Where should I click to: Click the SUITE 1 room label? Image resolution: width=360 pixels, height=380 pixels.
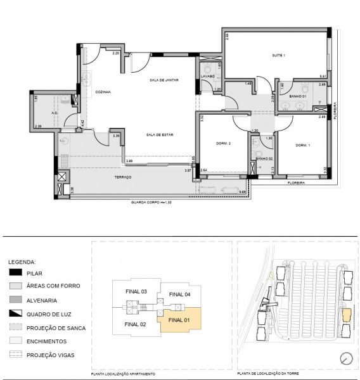tap(279, 56)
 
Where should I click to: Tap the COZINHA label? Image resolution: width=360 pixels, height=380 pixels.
tap(103, 92)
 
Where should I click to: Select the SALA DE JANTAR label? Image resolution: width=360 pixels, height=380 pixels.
tap(163, 80)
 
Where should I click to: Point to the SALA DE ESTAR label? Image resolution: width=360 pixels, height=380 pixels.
tap(160, 135)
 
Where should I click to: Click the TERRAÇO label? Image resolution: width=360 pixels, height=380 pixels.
tap(122, 177)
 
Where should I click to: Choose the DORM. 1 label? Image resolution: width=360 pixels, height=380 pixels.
tap(302, 146)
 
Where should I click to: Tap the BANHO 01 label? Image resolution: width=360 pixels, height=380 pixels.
tap(298, 96)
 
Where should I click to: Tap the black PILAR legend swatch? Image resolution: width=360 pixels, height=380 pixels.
tap(16, 273)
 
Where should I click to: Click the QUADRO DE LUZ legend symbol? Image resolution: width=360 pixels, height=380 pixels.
tap(16, 314)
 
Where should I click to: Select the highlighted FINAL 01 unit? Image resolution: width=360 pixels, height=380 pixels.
tap(179, 320)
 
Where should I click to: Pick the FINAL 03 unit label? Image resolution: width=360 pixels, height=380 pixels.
tap(136, 291)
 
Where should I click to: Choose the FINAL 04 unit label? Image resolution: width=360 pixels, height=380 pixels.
tap(180, 294)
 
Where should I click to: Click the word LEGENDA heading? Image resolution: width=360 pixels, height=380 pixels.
tap(23, 261)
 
